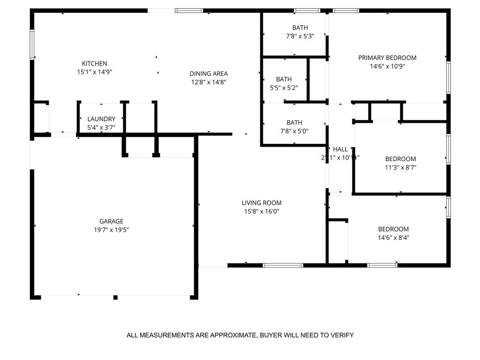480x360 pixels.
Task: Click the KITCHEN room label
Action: coord(95,63)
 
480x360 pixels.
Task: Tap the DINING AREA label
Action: coord(209,74)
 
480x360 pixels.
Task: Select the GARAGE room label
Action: coord(111,221)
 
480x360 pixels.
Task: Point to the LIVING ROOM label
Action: coord(262,203)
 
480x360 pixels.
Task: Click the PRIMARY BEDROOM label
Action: coord(387,58)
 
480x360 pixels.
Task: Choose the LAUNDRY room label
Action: coord(101,119)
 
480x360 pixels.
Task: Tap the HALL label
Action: coord(340,150)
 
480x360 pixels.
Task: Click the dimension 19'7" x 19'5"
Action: coord(111,230)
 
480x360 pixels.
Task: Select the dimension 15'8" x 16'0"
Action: coord(262,211)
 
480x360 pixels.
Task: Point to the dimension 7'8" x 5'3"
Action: coord(300,36)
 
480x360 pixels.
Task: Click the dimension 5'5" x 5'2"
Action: coord(284,88)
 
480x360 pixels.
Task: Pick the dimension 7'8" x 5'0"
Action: coord(294,131)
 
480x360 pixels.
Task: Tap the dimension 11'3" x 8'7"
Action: coord(400,167)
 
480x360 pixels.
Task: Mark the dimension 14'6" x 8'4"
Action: coord(393,238)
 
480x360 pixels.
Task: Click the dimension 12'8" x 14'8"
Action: coord(209,82)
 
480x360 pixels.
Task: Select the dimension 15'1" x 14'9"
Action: coord(95,72)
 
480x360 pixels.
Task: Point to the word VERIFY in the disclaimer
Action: coord(343,335)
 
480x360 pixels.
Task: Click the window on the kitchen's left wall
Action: coord(32,45)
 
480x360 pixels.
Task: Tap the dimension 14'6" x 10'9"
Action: coord(387,67)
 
